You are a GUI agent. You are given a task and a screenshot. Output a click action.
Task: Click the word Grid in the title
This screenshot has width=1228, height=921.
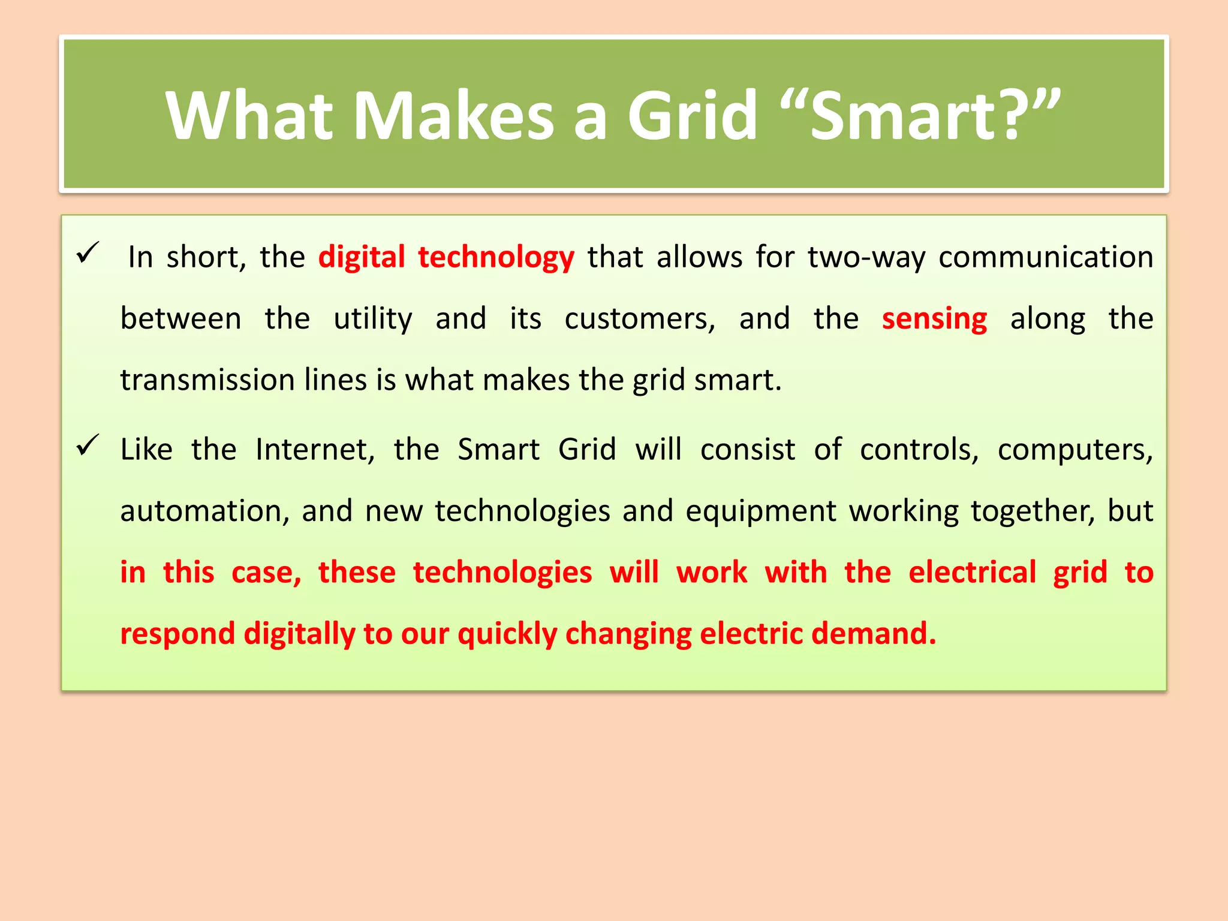tap(693, 115)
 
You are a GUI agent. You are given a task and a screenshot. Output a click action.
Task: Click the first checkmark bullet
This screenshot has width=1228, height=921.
tap(88, 252)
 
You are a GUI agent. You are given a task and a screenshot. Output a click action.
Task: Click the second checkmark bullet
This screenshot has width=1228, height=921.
tap(88, 446)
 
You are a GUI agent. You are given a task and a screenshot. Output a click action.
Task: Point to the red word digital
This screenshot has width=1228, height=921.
tap(362, 257)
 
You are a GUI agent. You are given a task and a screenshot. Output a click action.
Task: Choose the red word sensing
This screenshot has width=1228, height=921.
tap(934, 318)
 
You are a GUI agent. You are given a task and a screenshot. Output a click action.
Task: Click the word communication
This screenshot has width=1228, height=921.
tap(1045, 257)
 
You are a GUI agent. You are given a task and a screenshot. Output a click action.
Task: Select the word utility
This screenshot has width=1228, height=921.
tap(372, 318)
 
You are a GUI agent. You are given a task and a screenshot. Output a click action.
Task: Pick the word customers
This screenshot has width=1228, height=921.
tap(640, 318)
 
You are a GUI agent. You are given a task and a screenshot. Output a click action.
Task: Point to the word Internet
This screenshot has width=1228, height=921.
tap(315, 450)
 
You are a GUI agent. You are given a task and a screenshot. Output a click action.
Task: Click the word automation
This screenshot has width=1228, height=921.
tap(204, 511)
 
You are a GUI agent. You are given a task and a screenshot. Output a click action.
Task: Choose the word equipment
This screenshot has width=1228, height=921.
tap(760, 511)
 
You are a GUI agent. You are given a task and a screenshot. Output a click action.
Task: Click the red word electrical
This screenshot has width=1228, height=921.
tap(972, 572)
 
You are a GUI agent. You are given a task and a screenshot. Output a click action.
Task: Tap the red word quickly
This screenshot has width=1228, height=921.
tap(507, 634)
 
